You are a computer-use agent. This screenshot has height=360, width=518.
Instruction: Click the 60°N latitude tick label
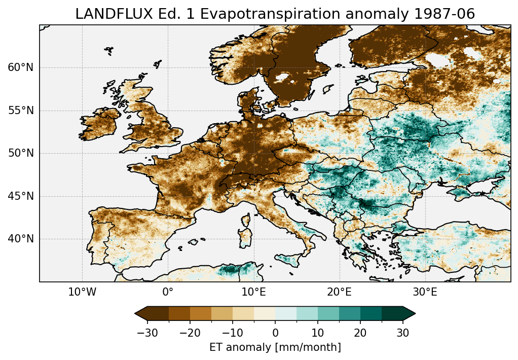pos(20,67)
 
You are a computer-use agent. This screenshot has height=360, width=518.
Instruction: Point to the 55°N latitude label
pos(20,111)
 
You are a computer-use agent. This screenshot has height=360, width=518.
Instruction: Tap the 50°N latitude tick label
pos(20,153)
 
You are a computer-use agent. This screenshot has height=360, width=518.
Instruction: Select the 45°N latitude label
pos(20,196)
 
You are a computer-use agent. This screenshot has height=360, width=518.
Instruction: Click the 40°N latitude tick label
pos(20,239)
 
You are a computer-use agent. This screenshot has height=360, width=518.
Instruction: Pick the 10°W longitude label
pos(82,293)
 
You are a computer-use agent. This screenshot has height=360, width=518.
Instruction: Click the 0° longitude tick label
pos(168,293)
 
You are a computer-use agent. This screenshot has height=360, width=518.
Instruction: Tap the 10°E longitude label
pos(253,293)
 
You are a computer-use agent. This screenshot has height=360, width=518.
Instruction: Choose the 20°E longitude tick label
pos(339,293)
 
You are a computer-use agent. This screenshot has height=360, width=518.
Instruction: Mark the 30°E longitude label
pos(425,293)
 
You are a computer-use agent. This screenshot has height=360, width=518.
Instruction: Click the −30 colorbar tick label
pos(147,333)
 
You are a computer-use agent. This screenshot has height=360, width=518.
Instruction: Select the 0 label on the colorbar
pos(275,333)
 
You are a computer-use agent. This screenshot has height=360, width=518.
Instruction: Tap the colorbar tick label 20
pos(360,333)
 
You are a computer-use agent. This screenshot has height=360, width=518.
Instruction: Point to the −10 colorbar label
pos(232,333)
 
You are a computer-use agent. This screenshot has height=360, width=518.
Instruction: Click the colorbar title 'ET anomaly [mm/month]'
pos(275,347)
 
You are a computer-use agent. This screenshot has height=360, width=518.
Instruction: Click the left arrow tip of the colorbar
pos(136,314)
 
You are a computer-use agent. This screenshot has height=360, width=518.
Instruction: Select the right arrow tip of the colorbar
pos(415,314)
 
